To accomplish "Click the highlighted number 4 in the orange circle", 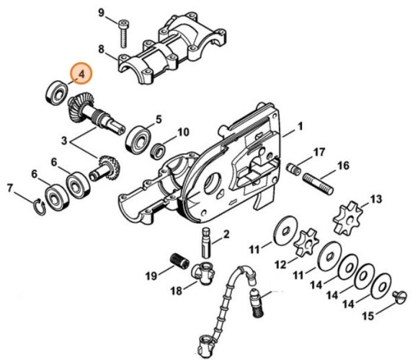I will click(x=81, y=74).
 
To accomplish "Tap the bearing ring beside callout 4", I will click(x=57, y=91).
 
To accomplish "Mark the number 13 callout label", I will click(x=375, y=198).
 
